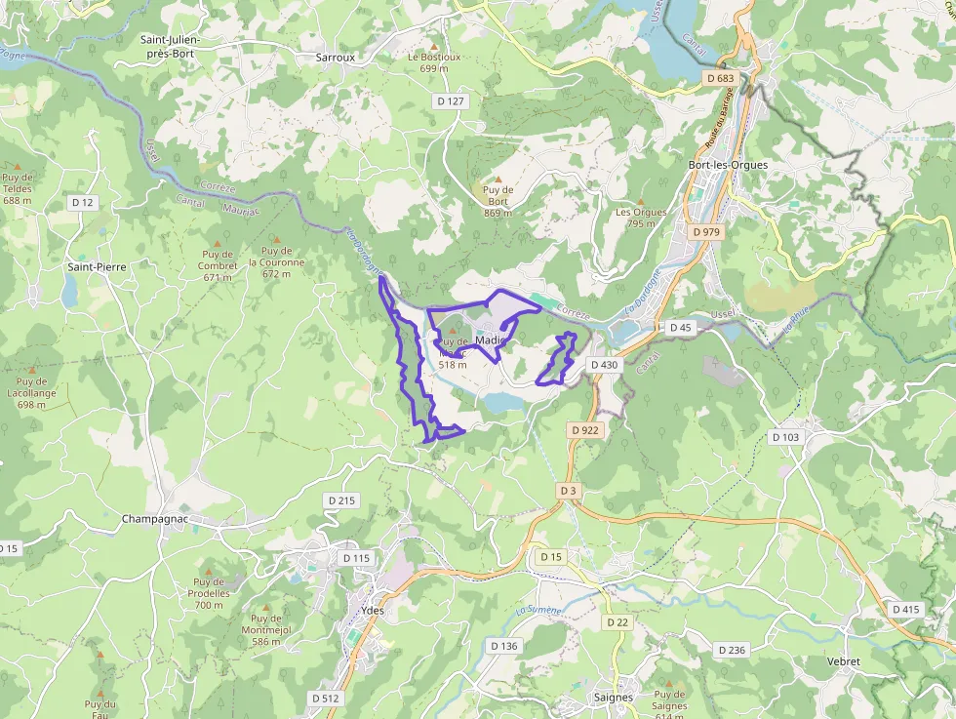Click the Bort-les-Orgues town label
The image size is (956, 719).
(728, 165)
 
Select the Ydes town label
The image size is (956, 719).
(372, 611)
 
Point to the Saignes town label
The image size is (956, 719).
(613, 698)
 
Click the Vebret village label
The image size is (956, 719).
(843, 661)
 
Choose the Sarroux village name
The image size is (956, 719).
(336, 58)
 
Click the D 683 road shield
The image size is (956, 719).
(719, 78)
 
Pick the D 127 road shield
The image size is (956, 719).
(450, 100)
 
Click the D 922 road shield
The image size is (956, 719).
(583, 429)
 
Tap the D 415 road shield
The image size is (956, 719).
(904, 609)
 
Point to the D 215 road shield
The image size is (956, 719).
(341, 500)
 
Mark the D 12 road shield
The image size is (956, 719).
(83, 202)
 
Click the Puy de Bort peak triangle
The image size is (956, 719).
(498, 179)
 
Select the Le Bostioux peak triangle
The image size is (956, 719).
(434, 45)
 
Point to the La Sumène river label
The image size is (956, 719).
(538, 611)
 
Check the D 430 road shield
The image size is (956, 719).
(604, 365)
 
